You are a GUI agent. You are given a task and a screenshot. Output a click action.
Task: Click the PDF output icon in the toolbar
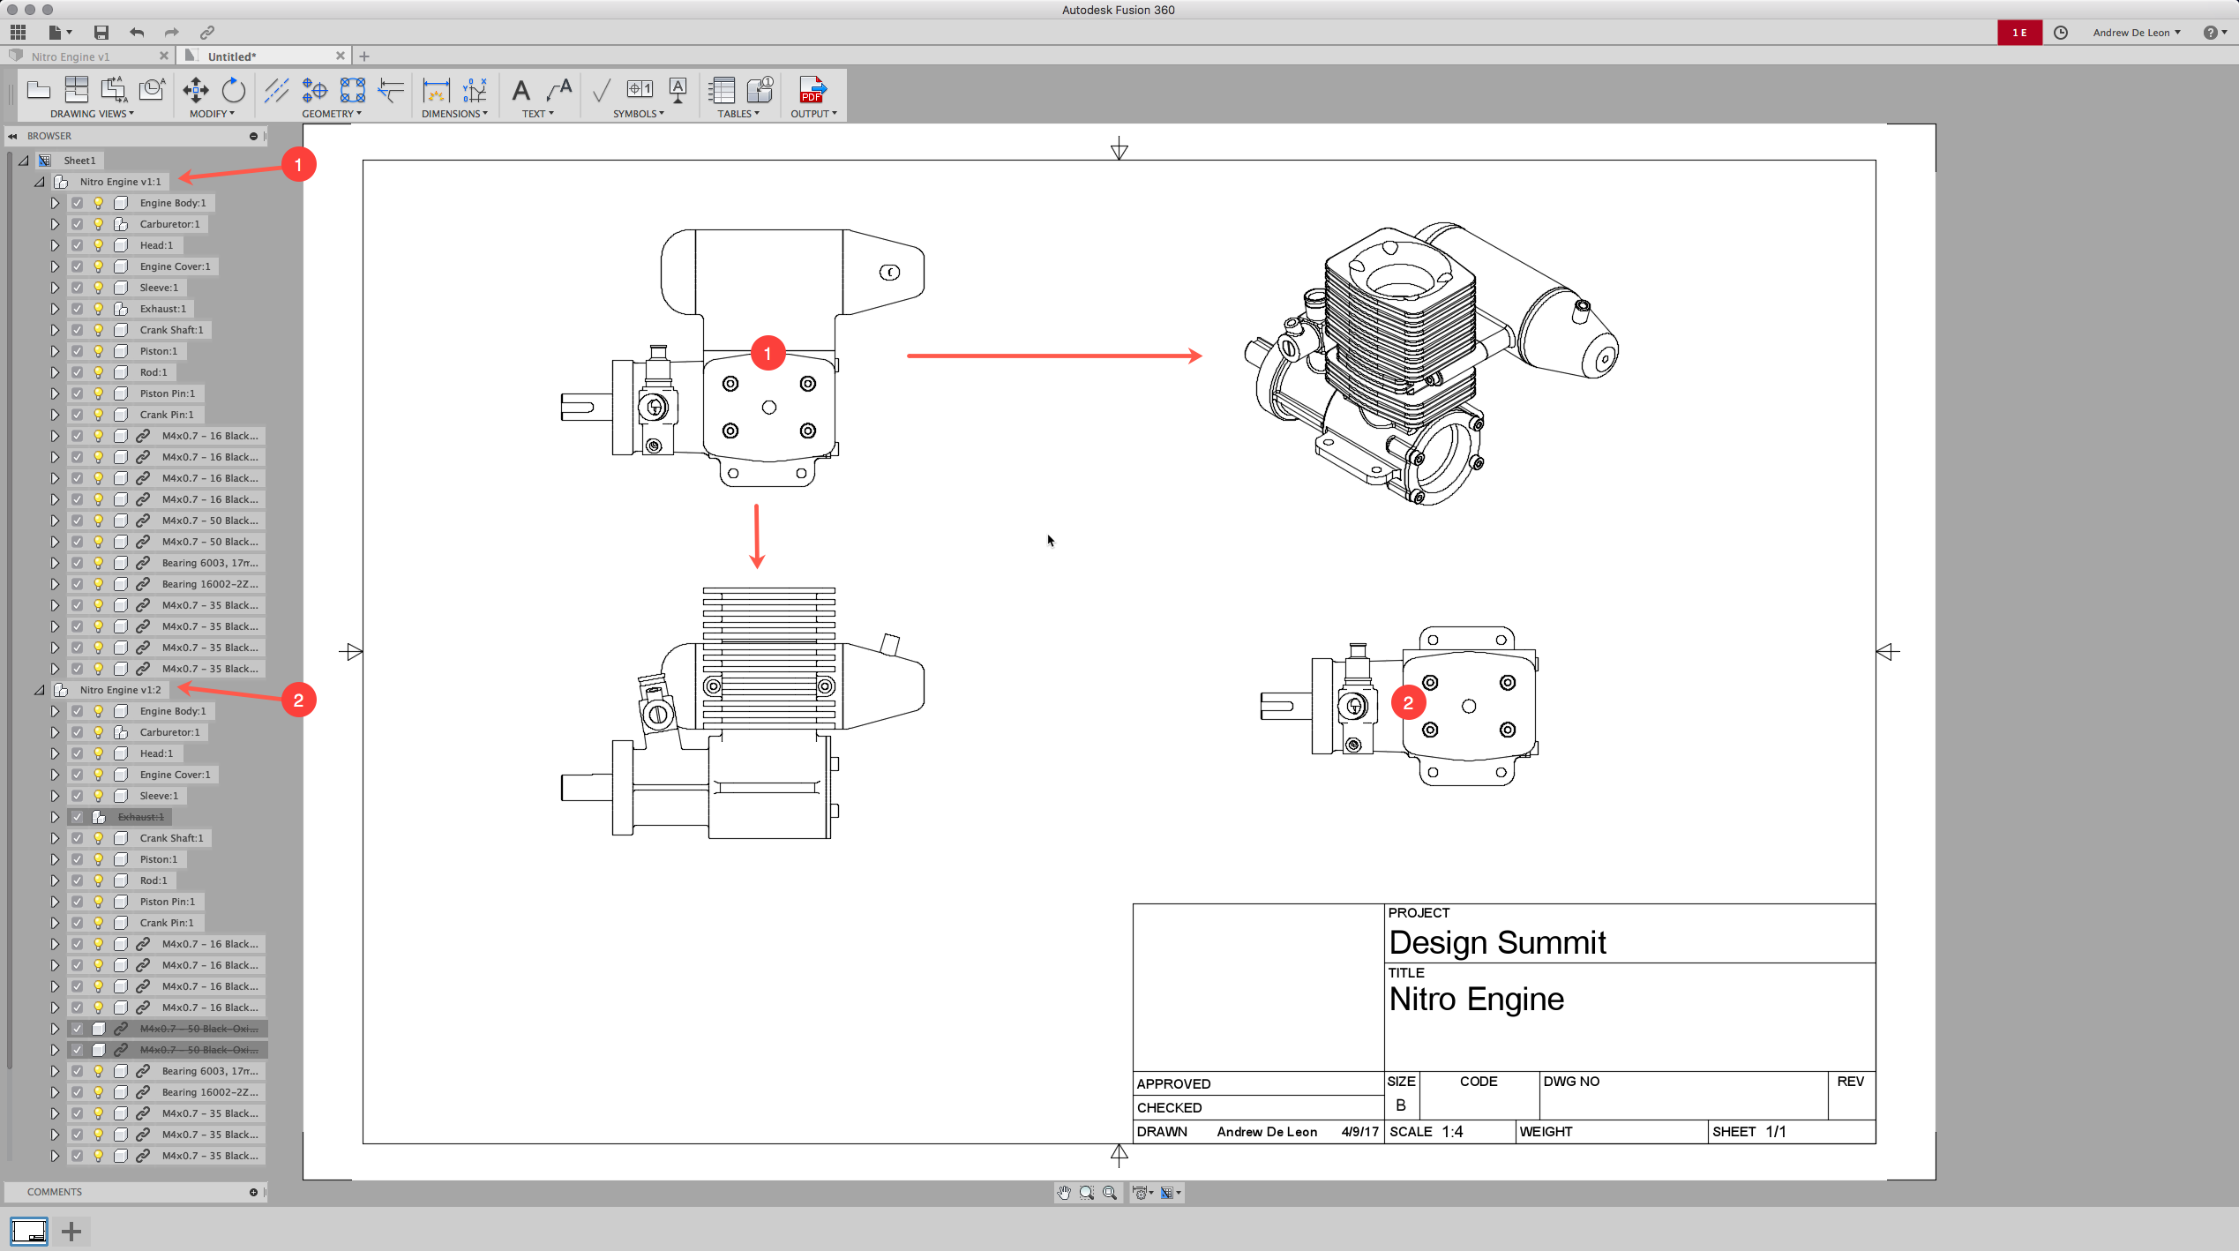click(x=812, y=90)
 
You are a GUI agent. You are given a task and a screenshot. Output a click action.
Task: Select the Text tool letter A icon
click(x=521, y=90)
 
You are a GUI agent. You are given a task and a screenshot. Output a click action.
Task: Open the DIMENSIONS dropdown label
click(x=453, y=114)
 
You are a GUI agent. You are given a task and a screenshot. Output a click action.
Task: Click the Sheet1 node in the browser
click(x=79, y=161)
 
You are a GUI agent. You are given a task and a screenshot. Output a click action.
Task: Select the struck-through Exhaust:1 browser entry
click(x=141, y=817)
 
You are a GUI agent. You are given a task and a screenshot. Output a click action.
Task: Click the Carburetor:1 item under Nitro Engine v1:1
click(x=169, y=224)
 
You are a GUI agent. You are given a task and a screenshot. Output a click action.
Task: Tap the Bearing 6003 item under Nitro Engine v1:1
click(x=209, y=563)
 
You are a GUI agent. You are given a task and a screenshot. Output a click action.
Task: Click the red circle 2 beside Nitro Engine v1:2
click(x=298, y=700)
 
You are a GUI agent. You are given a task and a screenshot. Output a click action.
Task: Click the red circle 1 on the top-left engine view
click(x=768, y=354)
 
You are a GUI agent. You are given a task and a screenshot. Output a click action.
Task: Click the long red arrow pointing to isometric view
click(x=1053, y=356)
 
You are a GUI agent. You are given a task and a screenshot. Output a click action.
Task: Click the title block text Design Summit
click(x=1497, y=942)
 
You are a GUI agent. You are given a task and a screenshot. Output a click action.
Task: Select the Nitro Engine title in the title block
click(x=1476, y=999)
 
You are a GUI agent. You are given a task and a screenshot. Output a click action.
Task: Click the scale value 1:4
click(x=1452, y=1132)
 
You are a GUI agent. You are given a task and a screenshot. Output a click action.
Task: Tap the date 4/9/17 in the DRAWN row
click(x=1359, y=1132)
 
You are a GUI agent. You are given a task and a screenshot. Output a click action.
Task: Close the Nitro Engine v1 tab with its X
click(x=163, y=56)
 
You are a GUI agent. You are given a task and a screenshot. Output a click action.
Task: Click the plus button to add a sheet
click(x=71, y=1231)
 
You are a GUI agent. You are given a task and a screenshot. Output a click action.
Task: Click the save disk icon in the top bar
click(x=101, y=33)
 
